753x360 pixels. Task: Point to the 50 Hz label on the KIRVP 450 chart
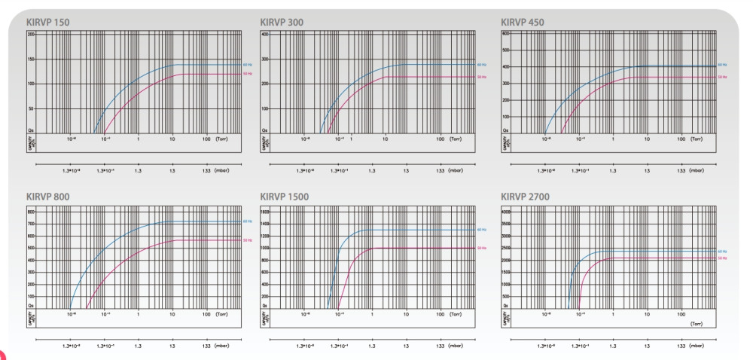[x=721, y=77]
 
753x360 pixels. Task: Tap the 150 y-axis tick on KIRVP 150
[x=32, y=59]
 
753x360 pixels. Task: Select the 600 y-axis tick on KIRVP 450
[x=506, y=35]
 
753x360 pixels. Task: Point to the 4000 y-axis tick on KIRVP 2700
[x=505, y=212]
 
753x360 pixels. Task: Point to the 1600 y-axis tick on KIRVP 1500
[x=264, y=212]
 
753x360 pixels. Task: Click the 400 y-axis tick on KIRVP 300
[x=265, y=35]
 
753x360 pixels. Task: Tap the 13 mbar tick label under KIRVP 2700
[x=647, y=325]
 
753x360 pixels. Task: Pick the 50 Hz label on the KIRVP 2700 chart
[x=721, y=258]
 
